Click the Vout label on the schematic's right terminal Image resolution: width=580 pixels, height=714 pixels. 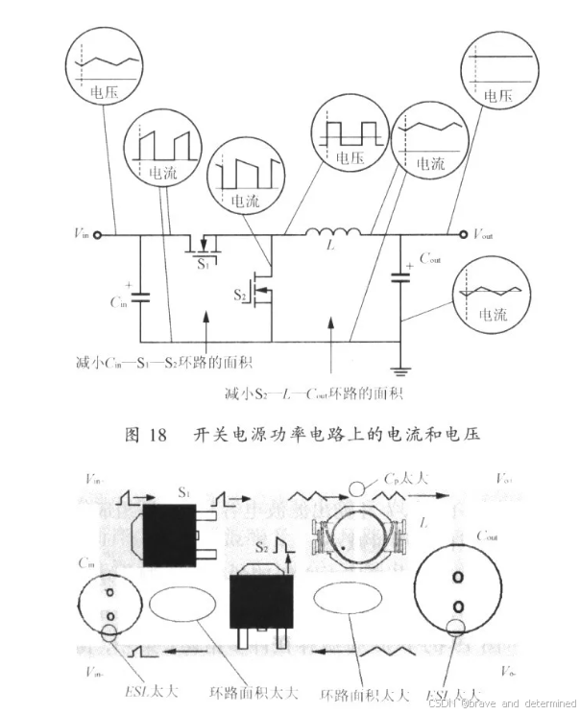484,232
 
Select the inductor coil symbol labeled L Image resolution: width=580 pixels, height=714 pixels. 333,230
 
